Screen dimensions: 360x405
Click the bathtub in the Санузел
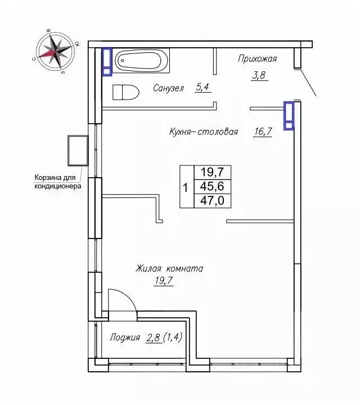[142, 60]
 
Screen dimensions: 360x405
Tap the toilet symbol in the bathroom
[126, 92]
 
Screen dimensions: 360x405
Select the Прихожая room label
[258, 59]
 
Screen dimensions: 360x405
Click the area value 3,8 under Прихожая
[259, 75]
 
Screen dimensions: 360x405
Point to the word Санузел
[168, 88]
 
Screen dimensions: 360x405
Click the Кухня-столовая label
[204, 132]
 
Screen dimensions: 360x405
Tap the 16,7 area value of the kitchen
[263, 132]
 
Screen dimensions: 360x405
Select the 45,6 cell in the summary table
[212, 186]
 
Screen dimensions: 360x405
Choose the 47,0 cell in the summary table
[212, 200]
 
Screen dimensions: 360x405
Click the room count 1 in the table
[186, 187]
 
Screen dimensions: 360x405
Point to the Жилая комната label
[169, 269]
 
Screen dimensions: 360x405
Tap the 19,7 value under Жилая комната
[164, 281]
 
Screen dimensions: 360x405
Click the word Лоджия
[125, 337]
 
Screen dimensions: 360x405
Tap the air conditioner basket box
[78, 151]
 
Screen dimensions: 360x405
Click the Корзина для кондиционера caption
[58, 182]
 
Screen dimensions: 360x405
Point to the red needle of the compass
[48, 54]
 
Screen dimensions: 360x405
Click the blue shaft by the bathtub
[107, 62]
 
